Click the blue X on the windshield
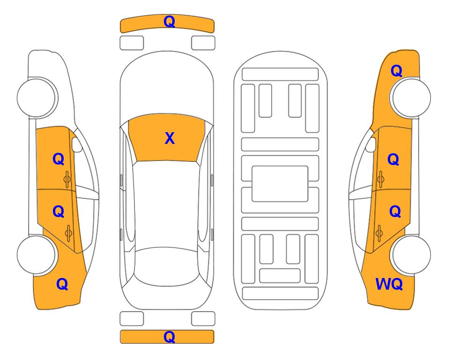pos(170,138)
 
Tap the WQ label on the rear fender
pos(389,284)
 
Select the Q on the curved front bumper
pos(169,22)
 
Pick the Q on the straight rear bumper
pos(169,337)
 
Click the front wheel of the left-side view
pos(37,97)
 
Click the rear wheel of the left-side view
pos(37,255)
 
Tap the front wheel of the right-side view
pos(411,97)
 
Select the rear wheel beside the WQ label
pos(411,255)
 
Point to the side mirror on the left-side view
pos(76,144)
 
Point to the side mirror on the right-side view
pos(371,144)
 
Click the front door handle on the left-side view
pos(67,179)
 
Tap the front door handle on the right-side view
pos(381,179)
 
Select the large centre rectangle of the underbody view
pos(280,184)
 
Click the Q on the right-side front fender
pos(396,71)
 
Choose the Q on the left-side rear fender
pos(62,284)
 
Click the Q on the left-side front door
pos(59,159)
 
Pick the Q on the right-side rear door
pos(395,212)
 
